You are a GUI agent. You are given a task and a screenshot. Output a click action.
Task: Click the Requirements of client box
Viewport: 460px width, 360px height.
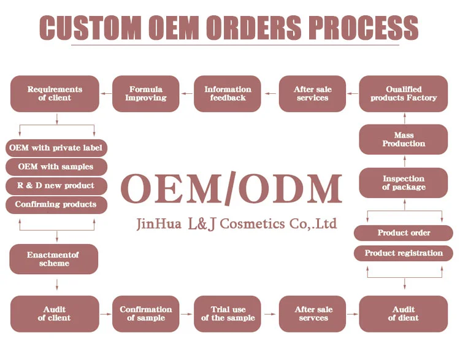click(55, 94)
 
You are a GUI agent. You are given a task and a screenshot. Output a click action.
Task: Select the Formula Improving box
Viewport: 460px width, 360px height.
click(146, 94)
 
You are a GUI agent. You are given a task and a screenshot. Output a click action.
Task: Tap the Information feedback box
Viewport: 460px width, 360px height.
click(228, 94)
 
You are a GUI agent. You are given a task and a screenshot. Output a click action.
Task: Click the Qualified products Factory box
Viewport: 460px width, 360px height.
click(403, 94)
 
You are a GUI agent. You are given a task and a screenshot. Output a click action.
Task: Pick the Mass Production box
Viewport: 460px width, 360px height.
click(403, 139)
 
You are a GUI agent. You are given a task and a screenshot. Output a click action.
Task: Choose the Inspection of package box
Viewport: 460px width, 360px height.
click(403, 183)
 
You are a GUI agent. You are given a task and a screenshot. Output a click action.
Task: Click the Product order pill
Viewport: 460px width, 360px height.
click(403, 233)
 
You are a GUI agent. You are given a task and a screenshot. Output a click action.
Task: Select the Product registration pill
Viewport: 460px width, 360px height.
click(403, 253)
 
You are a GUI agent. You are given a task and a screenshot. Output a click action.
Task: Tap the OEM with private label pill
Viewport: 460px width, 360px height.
click(57, 148)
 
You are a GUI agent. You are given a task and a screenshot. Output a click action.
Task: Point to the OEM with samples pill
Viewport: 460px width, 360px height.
click(57, 167)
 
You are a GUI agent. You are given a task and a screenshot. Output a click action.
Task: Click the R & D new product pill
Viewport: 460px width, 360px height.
click(57, 185)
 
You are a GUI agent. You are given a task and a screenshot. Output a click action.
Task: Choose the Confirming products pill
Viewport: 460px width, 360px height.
click(57, 204)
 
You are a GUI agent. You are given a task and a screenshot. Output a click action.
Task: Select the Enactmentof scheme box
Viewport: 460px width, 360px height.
click(54, 259)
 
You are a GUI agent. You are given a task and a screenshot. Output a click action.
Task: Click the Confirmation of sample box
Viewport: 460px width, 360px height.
click(146, 313)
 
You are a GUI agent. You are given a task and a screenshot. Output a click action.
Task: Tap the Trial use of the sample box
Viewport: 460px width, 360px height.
click(228, 313)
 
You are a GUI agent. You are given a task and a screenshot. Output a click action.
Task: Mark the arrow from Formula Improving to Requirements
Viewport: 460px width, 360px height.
click(105, 94)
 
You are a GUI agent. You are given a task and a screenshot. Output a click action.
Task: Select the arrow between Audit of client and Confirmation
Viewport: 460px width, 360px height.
click(105, 313)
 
